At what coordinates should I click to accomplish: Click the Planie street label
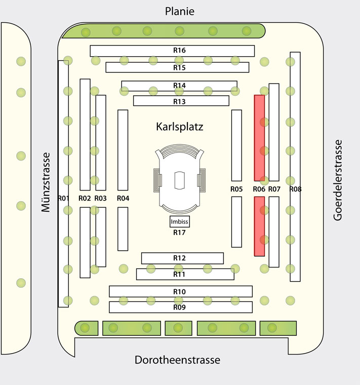[x=180, y=11]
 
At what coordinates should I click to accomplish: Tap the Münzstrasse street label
[x=46, y=182]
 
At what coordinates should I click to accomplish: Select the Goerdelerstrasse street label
[x=338, y=180]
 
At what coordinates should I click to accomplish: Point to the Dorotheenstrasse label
[x=177, y=360]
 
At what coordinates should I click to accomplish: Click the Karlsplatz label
[x=180, y=127]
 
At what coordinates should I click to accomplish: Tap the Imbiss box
[x=180, y=221]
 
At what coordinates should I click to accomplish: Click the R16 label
[x=179, y=50]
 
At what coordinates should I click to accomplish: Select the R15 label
[x=179, y=67]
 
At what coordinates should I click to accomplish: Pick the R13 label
[x=179, y=101]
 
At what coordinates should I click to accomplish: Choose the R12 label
[x=179, y=258]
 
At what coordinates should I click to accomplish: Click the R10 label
[x=179, y=292]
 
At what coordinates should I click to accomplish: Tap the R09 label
[x=179, y=307]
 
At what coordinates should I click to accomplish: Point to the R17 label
[x=179, y=233]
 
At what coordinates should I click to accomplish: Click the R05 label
[x=236, y=189]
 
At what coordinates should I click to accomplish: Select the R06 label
[x=259, y=189]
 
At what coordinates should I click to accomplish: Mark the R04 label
[x=123, y=198]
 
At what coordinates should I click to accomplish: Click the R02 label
[x=85, y=198]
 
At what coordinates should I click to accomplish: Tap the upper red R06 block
[x=259, y=138]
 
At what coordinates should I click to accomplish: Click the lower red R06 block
[x=259, y=226]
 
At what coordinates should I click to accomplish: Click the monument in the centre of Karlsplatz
[x=180, y=178]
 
